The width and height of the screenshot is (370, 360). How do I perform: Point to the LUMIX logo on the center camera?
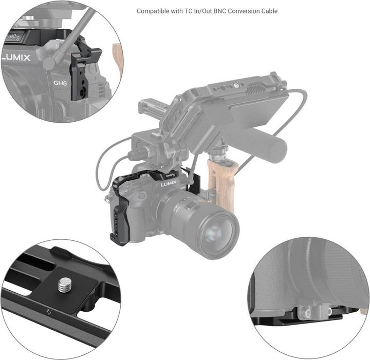169,183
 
